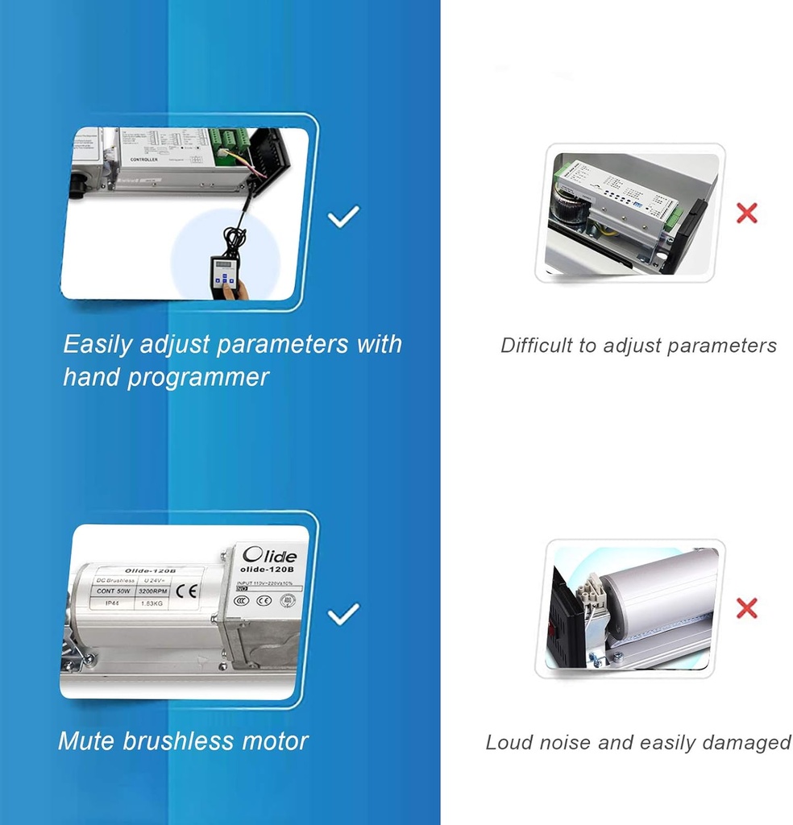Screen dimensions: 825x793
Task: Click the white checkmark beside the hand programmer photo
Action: (x=343, y=216)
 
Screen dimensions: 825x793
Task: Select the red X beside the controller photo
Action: (x=747, y=214)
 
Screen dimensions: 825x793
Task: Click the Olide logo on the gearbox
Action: (x=271, y=556)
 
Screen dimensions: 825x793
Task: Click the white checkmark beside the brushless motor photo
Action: (x=343, y=615)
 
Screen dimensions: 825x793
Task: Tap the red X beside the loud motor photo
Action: (x=747, y=607)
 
